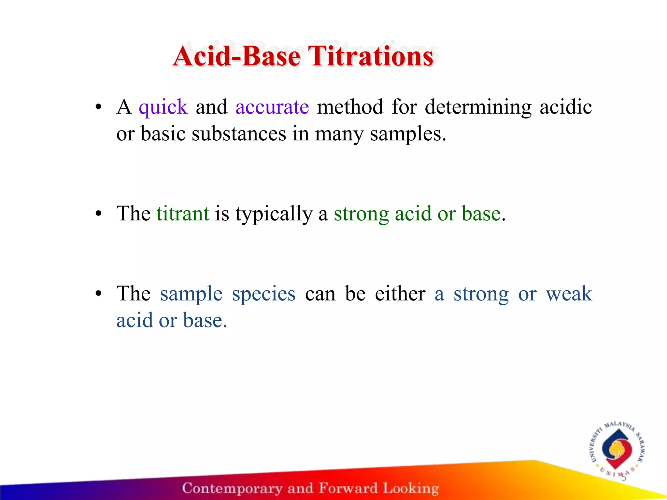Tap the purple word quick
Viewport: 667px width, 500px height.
point(163,107)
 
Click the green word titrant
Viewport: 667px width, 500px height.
point(183,214)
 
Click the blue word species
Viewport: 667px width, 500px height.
point(263,294)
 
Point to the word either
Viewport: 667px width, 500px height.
point(400,294)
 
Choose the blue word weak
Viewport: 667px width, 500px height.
point(569,294)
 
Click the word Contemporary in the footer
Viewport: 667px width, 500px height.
point(232,488)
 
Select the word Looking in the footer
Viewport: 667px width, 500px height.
point(411,488)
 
